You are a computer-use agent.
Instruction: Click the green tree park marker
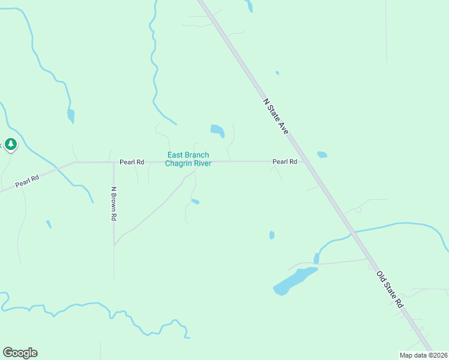[10, 145]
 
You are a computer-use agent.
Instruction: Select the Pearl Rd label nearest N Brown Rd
[131, 162]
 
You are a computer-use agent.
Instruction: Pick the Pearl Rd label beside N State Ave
[285, 162]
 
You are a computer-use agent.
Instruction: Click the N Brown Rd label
[113, 204]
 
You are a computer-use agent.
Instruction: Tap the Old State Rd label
[390, 290]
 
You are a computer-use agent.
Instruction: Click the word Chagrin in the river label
[178, 164]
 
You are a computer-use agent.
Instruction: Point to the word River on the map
[202, 164]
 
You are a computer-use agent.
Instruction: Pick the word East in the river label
[175, 155]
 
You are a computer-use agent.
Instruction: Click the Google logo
[20, 353]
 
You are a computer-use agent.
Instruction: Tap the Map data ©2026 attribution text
[423, 355]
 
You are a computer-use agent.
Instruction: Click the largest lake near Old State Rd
[294, 281]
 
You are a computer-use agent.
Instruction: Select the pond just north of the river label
[217, 130]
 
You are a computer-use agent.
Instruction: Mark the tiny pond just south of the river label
[196, 202]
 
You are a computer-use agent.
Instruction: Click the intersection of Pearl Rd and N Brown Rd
[113, 162]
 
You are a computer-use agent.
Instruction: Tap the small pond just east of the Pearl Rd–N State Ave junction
[322, 155]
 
